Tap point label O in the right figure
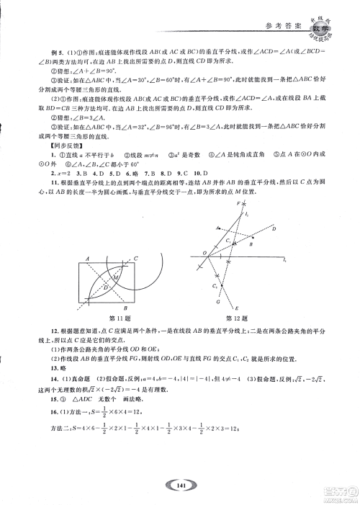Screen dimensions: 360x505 click(x=203, y=253)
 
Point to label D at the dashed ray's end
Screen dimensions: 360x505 click(x=274, y=228)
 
